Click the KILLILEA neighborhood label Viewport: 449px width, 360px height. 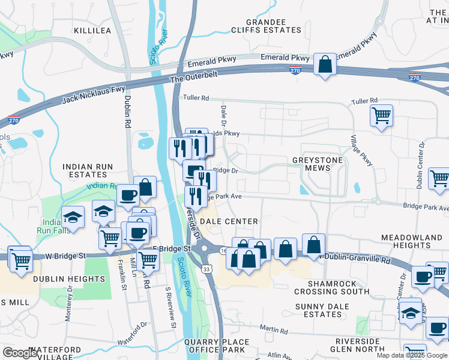click(92, 29)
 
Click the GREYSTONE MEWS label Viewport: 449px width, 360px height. click(318, 164)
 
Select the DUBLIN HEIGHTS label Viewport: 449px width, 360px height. click(69, 279)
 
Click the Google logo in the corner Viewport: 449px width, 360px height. click(20, 353)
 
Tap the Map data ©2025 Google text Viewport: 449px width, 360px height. click(412, 355)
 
